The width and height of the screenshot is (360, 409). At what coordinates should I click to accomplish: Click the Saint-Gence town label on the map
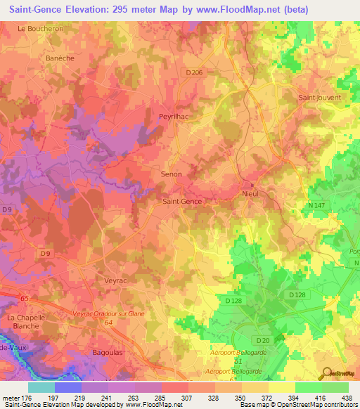(182, 202)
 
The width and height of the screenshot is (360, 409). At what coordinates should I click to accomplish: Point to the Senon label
(172, 174)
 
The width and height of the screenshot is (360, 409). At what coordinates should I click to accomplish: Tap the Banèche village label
(60, 58)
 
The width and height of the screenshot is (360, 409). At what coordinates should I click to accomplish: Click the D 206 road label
(193, 72)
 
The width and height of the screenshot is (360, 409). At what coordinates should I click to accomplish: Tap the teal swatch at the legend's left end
(41, 387)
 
